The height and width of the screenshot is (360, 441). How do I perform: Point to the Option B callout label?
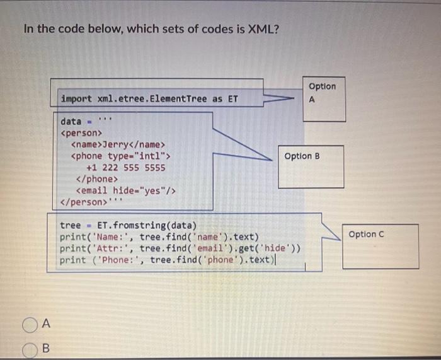click(x=302, y=156)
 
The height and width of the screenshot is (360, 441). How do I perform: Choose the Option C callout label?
click(x=366, y=234)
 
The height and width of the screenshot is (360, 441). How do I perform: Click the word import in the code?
click(x=76, y=99)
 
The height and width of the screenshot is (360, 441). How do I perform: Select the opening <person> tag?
click(x=80, y=133)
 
